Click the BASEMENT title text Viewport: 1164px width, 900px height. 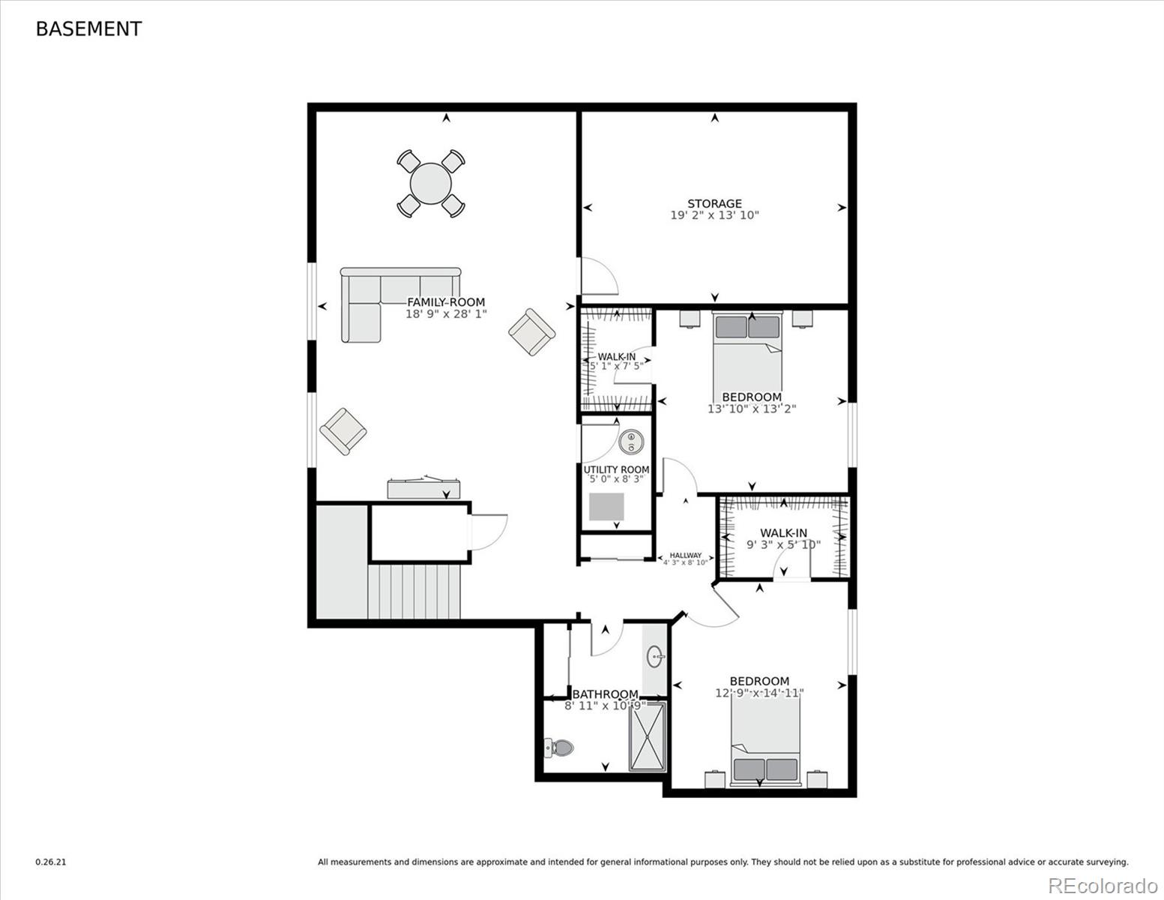(88, 29)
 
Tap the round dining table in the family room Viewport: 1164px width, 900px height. (431, 184)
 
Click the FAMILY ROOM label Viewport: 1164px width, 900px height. (446, 302)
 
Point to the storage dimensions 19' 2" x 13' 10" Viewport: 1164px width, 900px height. (714, 215)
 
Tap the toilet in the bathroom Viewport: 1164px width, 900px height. (559, 747)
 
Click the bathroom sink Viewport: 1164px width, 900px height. (655, 658)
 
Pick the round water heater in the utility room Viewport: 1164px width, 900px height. (632, 442)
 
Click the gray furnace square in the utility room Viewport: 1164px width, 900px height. (606, 507)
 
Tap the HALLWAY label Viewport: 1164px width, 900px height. (685, 556)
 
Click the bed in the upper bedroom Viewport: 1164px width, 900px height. (747, 352)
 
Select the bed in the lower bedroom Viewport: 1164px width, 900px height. (765, 742)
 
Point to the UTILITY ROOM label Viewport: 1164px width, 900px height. (616, 469)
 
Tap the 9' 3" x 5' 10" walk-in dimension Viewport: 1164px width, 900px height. (783, 544)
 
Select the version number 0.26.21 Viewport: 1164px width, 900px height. (51, 862)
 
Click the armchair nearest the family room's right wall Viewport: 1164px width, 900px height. (532, 332)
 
